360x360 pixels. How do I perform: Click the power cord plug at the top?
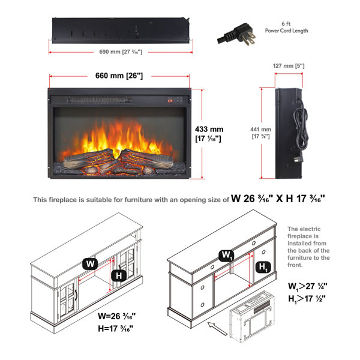[x=236, y=34]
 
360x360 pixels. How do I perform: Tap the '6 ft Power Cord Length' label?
[x=286, y=27]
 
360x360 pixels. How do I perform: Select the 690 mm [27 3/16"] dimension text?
[x=121, y=52]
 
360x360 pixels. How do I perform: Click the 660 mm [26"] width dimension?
[x=119, y=76]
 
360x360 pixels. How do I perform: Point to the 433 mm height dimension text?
[x=209, y=134]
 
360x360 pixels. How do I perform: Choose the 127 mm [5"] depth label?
[x=289, y=66]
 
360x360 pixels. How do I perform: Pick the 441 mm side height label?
[x=260, y=133]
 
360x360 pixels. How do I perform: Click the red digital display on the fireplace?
[x=170, y=101]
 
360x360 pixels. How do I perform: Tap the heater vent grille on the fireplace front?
[x=99, y=100]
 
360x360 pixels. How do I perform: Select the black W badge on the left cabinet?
[x=90, y=264]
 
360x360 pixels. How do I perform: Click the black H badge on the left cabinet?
[x=119, y=275]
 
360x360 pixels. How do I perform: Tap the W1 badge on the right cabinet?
[x=226, y=256]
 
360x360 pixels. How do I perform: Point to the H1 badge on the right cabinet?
[x=263, y=267]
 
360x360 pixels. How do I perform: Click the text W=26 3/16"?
[x=116, y=316]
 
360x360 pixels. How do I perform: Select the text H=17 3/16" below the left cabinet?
[x=115, y=329]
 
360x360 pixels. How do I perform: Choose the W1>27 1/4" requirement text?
[x=308, y=286]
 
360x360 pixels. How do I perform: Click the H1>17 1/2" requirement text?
[x=307, y=299]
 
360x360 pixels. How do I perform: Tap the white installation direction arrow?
[x=217, y=328]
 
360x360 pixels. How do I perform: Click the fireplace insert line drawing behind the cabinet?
[x=252, y=316]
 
